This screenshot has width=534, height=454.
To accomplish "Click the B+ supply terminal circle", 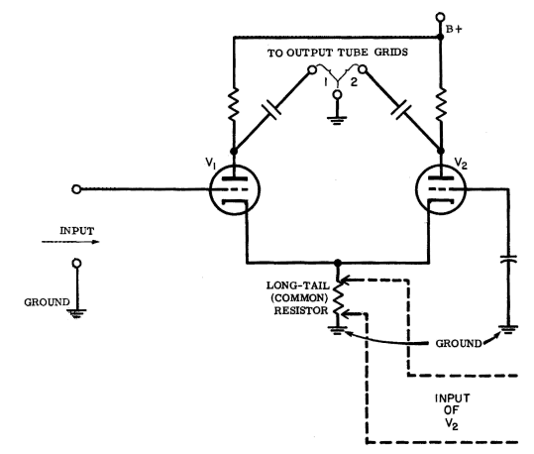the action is (440, 17).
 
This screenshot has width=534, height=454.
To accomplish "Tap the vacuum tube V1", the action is (235, 189).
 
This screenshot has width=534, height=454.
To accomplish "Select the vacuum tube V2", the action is (442, 189).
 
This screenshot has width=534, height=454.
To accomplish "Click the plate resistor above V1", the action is (234, 104).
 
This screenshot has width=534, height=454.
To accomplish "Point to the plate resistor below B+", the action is (441, 104).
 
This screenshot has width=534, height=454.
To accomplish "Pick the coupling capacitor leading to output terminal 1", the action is (271, 110).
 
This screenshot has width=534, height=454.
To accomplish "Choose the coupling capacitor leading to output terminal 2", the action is (401, 110).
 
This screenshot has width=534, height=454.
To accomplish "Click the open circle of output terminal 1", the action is (312, 70).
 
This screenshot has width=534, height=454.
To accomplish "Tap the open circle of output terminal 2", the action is (363, 70).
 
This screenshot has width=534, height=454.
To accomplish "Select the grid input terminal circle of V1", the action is (76, 189).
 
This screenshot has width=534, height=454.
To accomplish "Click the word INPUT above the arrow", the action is (77, 231).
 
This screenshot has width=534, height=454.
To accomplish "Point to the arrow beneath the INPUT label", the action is (70, 242).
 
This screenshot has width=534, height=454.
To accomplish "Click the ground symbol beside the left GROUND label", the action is (77, 313).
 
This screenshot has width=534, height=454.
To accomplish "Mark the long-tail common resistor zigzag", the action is (338, 297).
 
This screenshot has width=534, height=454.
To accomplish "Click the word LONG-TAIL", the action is (297, 285).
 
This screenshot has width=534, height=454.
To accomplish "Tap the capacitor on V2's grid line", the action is (508, 259).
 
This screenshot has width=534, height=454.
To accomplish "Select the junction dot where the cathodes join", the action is (338, 263).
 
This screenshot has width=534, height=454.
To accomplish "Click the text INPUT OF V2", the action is (452, 411).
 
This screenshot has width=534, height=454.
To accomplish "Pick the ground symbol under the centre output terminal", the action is (337, 120).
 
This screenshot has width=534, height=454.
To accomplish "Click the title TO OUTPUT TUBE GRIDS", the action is (337, 53).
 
